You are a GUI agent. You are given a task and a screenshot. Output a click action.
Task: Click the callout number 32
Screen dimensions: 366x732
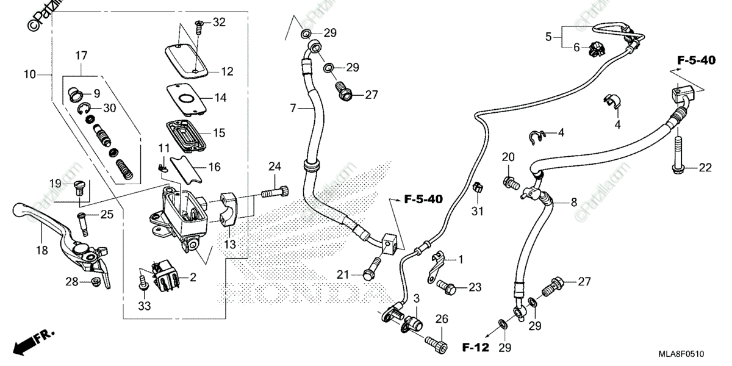pos(218,23)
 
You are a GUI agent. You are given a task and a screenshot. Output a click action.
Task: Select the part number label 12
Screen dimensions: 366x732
pos(227,71)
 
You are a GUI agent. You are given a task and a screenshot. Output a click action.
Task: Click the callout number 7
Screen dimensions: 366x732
pos(293,108)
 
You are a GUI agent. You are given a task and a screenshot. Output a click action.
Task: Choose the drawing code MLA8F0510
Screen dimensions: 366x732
pos(689,354)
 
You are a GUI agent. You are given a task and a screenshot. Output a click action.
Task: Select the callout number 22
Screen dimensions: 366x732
pos(705,168)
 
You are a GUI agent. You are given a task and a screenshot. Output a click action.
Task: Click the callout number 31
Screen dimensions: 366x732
pos(476,211)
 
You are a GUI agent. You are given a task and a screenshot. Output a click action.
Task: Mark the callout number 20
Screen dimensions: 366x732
pos(508,157)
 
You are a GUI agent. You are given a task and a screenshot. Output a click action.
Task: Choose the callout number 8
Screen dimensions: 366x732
pos(574,202)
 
